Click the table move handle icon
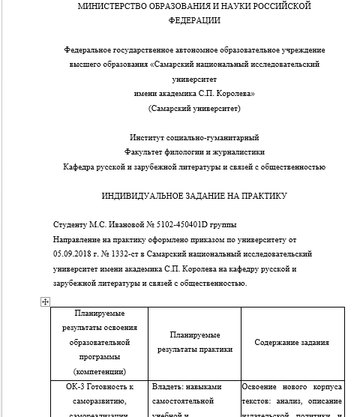tap(45, 301)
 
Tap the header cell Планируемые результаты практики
tap(193, 342)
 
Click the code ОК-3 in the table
tap(70, 387)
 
